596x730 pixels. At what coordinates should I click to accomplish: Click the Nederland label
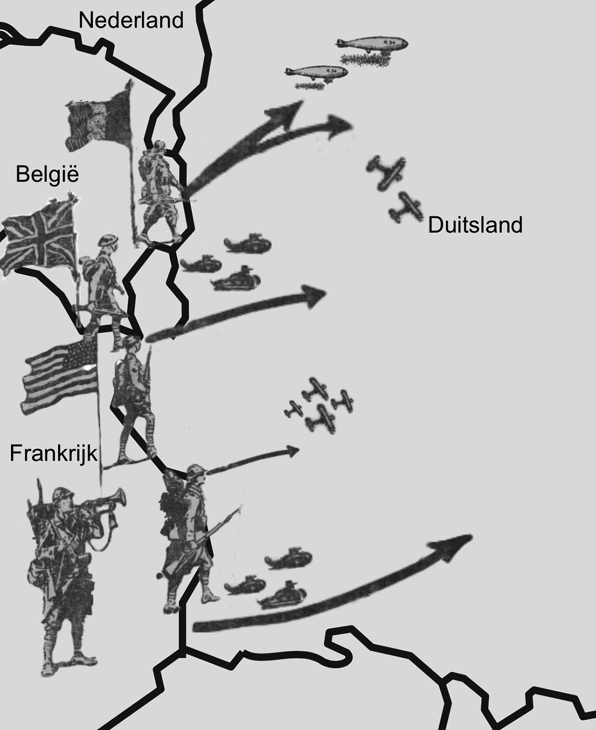click(131, 21)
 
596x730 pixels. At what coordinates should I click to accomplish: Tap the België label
click(47, 174)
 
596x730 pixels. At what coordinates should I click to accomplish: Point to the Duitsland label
click(475, 225)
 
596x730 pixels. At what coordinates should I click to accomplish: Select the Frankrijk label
click(54, 453)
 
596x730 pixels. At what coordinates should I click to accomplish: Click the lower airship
click(316, 74)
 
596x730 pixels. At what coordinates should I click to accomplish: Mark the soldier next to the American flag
click(133, 397)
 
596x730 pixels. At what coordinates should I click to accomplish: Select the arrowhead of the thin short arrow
click(293, 451)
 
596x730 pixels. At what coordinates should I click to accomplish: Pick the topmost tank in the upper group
click(248, 244)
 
